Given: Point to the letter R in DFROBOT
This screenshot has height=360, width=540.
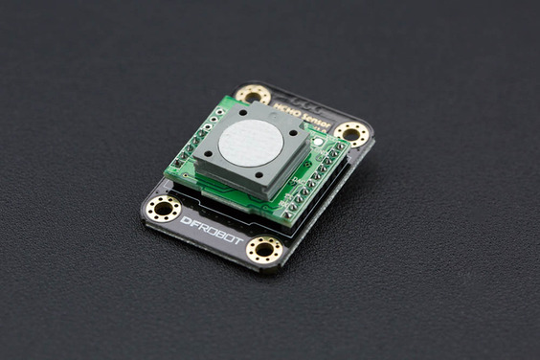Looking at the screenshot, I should point(202,226).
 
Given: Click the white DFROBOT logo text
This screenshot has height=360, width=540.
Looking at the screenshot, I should point(212,230).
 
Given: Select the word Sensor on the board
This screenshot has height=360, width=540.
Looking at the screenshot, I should point(313,122).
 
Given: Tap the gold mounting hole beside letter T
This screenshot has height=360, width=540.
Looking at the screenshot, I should point(264,251).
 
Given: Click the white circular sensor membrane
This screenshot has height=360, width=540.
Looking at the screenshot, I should point(250,142).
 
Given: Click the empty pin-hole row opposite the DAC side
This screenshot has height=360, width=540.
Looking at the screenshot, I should point(194,142).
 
